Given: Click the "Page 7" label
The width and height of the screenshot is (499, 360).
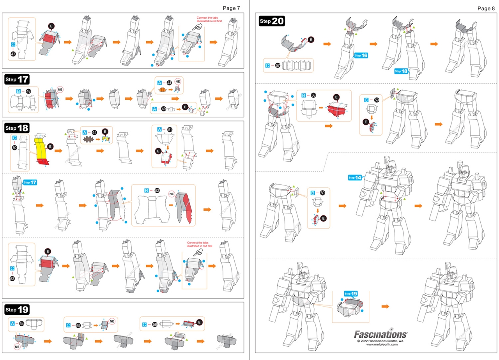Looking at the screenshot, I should (x=231, y=8).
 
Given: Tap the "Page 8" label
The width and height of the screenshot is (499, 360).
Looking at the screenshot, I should (x=485, y=8).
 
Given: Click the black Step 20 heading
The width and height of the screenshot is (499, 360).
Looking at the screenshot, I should (x=272, y=21).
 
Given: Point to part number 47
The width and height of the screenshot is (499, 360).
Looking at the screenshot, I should (x=13, y=54).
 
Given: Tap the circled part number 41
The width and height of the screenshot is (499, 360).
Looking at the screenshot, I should (x=169, y=83).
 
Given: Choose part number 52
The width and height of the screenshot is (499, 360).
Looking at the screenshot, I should (x=157, y=191).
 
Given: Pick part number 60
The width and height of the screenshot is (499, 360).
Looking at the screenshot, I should (x=322, y=193).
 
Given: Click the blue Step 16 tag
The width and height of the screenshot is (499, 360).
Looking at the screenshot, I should (x=361, y=56).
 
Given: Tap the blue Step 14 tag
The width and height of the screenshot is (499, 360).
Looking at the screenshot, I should (x=355, y=178).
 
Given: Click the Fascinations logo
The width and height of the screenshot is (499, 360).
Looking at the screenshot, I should (x=381, y=334).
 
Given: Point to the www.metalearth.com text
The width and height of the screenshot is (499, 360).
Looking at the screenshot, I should (x=382, y=344).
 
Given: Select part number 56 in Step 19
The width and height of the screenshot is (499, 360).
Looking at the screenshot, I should (x=155, y=324).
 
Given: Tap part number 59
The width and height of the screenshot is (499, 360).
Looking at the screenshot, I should (x=377, y=100).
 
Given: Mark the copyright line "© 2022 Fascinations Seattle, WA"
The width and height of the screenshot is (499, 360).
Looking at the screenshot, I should (x=382, y=341).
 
